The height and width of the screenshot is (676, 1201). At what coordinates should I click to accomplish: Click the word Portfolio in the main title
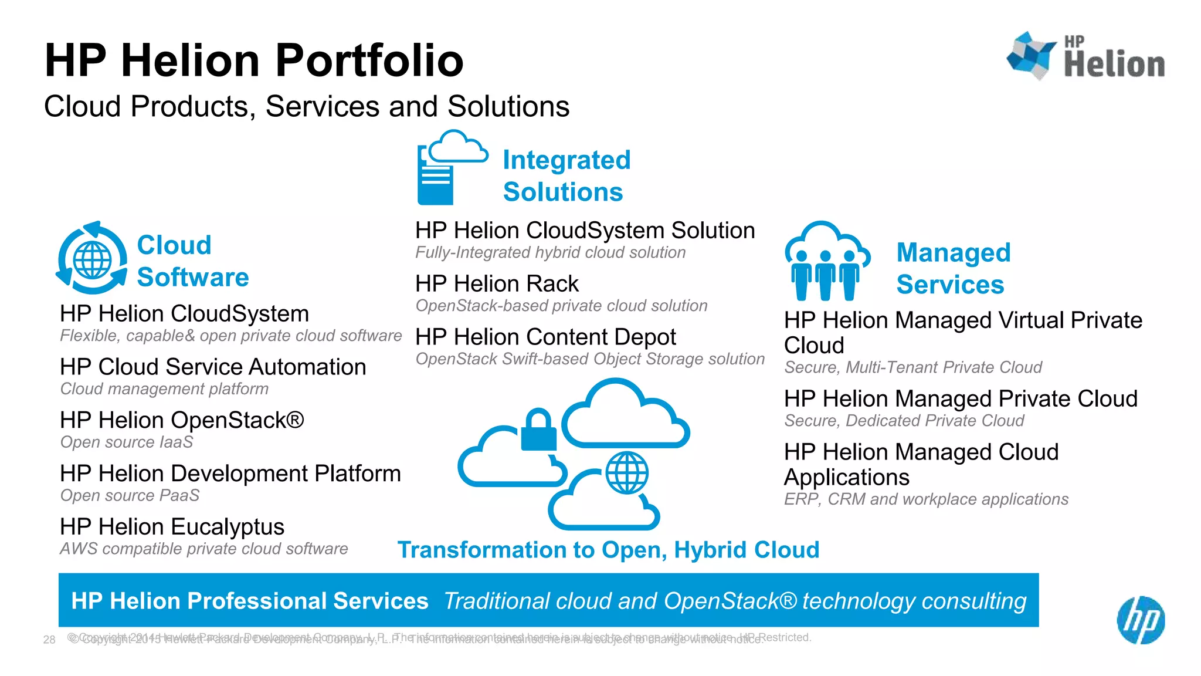tap(369, 60)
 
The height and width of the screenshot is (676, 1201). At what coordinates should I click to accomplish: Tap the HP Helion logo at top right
tap(1085, 56)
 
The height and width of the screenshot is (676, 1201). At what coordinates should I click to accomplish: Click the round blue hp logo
tap(1140, 620)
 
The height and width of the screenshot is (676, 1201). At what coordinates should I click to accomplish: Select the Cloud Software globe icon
tap(92, 259)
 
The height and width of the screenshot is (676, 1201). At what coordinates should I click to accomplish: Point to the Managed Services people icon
tap(826, 261)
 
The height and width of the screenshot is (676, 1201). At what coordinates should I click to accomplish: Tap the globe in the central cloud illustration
tap(627, 472)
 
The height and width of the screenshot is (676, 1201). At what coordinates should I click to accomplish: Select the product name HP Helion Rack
tap(497, 284)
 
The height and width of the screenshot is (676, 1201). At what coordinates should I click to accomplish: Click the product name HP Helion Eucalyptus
tap(172, 527)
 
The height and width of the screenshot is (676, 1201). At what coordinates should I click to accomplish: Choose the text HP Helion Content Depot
tap(545, 337)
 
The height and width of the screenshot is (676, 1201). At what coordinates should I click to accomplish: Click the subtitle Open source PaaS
tap(130, 495)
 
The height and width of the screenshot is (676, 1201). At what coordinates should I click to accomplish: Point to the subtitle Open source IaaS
tap(127, 442)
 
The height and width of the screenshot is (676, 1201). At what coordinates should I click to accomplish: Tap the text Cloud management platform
tap(164, 388)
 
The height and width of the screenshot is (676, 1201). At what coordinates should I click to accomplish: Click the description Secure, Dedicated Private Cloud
tap(904, 421)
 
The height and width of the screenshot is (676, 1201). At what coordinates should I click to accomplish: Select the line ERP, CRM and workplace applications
tap(926, 499)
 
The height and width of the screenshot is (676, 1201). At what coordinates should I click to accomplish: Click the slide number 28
tap(49, 640)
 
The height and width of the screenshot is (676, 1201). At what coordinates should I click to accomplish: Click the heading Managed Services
tap(953, 269)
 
